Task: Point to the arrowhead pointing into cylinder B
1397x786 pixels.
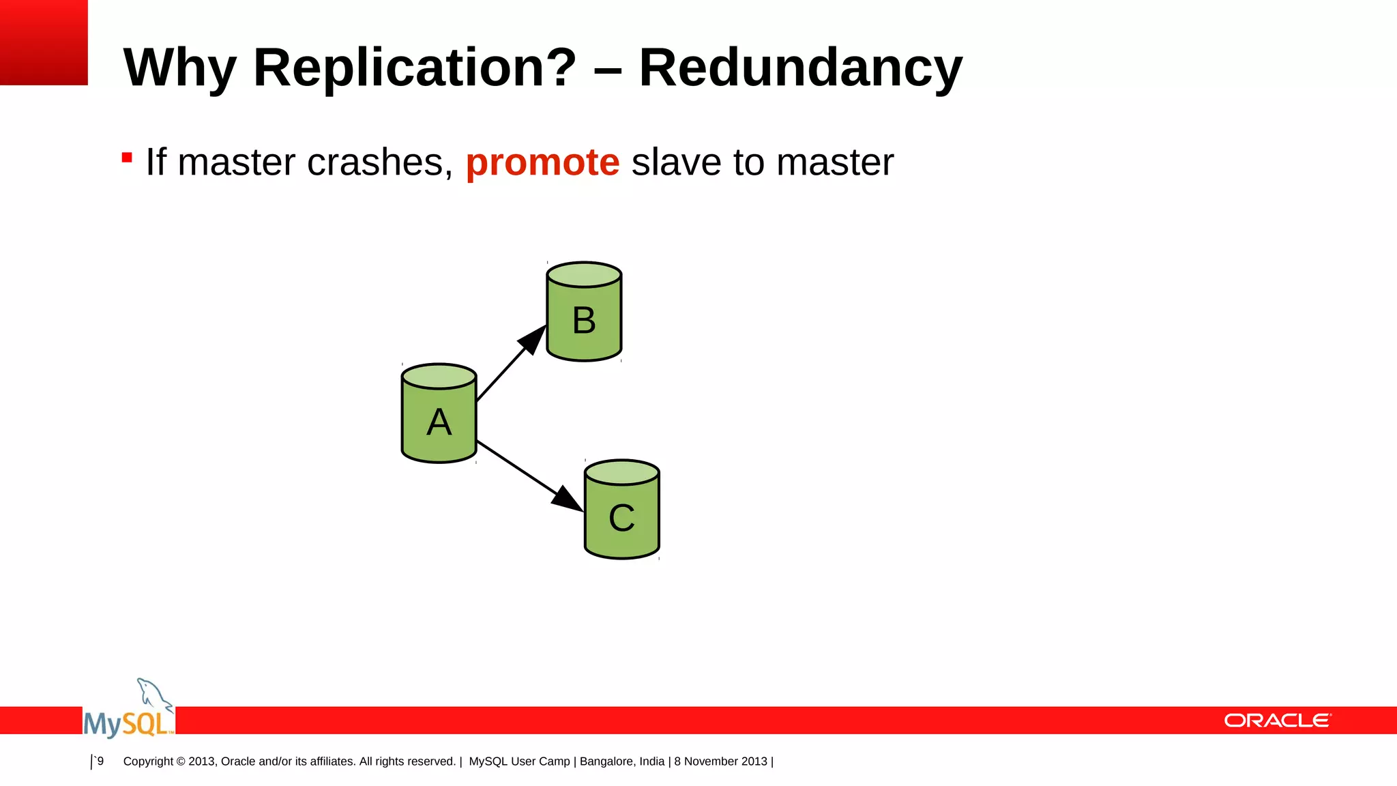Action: tap(533, 339)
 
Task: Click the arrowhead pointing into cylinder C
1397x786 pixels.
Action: tap(567, 499)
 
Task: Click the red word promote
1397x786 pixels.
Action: tap(542, 162)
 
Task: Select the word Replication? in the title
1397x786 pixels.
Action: tap(415, 68)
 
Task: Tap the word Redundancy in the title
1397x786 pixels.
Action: tap(800, 68)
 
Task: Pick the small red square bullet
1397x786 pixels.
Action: tap(127, 158)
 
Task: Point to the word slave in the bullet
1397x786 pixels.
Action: tap(676, 162)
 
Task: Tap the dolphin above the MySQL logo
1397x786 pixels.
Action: tap(153, 694)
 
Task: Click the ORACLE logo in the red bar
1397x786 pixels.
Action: tap(1277, 720)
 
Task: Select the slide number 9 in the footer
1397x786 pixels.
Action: tap(100, 761)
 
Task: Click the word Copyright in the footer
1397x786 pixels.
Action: tap(148, 761)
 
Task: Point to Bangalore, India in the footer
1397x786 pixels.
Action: tap(622, 761)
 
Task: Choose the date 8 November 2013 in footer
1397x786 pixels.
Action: tap(721, 761)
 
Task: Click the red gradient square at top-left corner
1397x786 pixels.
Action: tap(44, 42)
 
